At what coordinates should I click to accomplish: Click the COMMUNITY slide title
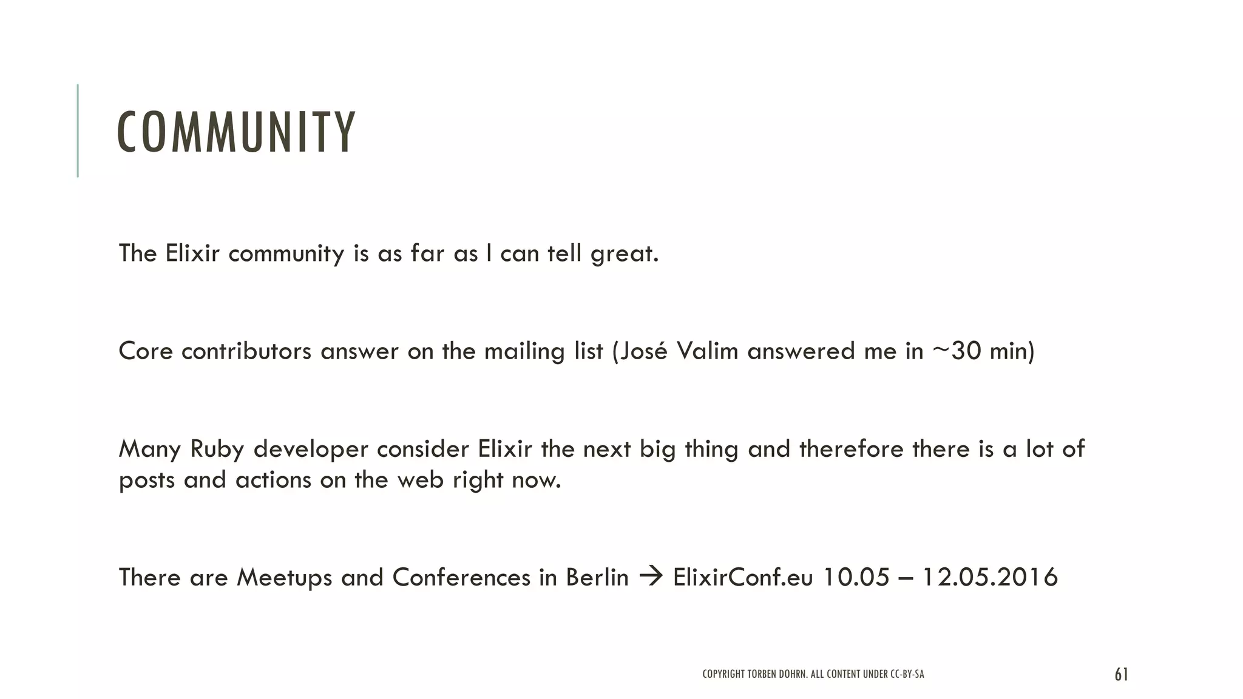[235, 132]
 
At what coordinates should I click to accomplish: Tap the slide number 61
[1121, 675]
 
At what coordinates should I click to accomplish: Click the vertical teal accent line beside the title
[78, 130]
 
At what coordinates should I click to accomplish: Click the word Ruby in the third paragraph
[217, 450]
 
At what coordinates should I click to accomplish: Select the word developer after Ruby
[311, 450]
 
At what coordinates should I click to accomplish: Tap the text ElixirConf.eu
[743, 577]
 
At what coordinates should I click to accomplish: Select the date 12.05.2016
[990, 577]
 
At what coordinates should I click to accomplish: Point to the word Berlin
[597, 577]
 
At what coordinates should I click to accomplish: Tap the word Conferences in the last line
[461, 577]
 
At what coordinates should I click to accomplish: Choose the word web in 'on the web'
[420, 481]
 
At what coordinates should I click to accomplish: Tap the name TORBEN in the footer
[760, 674]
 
